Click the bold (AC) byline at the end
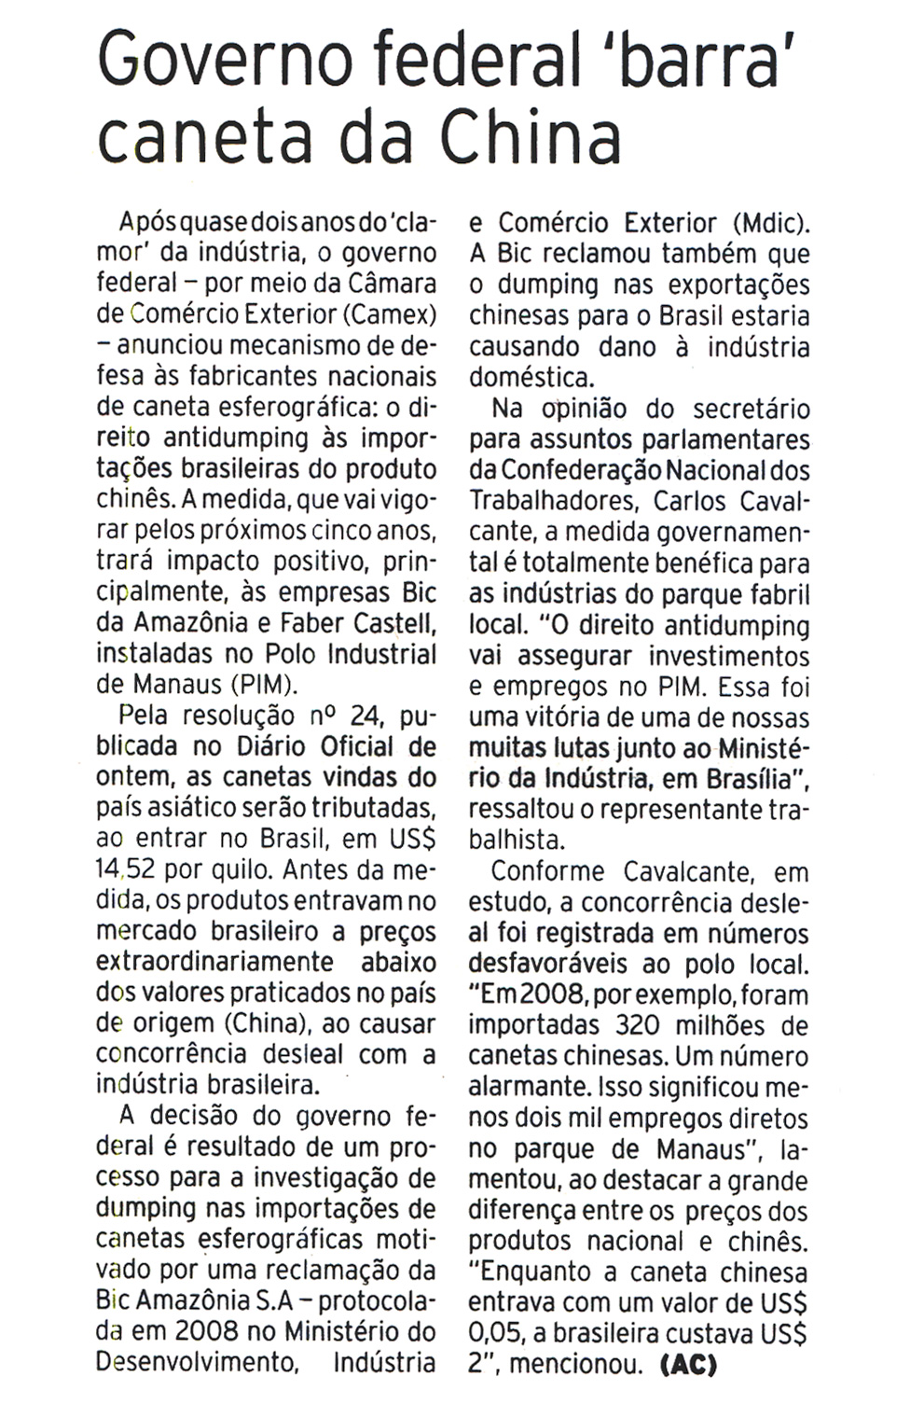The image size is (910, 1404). [x=688, y=1365]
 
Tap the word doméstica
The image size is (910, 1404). [x=531, y=378]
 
